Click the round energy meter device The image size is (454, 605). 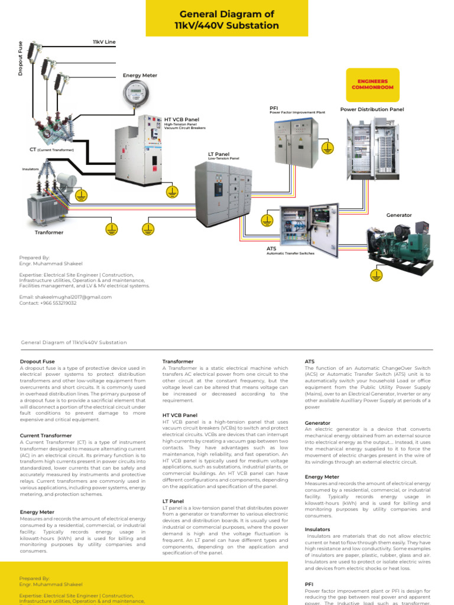137,94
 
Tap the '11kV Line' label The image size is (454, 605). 104,42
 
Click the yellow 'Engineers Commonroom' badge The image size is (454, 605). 372,84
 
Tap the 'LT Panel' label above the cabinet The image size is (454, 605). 219,154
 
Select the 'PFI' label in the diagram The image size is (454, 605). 274,108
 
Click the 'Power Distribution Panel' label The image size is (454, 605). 372,109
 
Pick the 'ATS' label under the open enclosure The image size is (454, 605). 271,249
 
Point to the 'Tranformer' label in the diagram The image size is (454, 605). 49,232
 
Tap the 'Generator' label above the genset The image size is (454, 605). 399,215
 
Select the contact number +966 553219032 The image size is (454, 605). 48,302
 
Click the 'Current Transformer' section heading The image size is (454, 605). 46,435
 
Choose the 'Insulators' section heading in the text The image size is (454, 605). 317,529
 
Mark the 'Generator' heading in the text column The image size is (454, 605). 317,423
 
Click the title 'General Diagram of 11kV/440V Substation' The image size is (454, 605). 227,20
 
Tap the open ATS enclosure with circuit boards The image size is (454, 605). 309,230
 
